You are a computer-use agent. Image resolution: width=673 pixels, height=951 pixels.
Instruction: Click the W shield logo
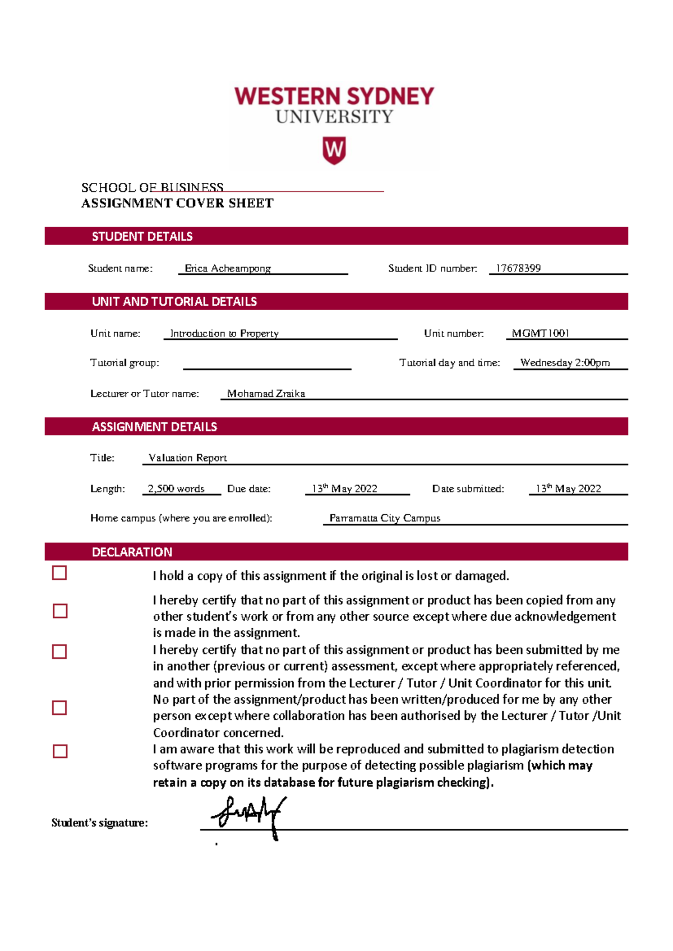click(334, 150)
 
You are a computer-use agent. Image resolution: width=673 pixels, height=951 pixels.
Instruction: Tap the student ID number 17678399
click(518, 268)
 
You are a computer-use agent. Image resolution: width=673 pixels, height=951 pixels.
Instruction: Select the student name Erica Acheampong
click(228, 268)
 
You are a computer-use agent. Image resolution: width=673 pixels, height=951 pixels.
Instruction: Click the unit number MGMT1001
click(540, 333)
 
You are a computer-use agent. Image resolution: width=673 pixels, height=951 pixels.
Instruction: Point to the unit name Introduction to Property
click(224, 333)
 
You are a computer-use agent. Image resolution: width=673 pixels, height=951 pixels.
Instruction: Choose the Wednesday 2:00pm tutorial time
click(565, 362)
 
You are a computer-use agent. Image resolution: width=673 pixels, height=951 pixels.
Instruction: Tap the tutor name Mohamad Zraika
click(266, 394)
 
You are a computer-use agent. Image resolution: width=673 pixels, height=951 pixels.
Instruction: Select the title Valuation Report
click(188, 458)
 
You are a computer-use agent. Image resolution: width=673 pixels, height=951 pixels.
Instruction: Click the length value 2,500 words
click(176, 488)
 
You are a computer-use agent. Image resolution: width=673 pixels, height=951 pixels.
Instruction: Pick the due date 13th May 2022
click(345, 488)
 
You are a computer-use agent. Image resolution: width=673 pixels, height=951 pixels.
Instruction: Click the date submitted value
click(568, 488)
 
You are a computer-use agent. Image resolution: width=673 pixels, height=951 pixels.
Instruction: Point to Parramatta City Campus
click(385, 518)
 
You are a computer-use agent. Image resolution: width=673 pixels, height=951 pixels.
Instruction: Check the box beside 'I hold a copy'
click(59, 573)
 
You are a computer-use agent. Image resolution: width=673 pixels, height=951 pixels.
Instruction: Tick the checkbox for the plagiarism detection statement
click(60, 751)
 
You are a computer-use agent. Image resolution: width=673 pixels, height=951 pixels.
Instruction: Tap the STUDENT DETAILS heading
click(142, 237)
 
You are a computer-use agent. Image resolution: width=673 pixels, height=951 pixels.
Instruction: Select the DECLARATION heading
click(132, 552)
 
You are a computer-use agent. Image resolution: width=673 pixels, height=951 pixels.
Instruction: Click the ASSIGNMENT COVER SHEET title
click(177, 203)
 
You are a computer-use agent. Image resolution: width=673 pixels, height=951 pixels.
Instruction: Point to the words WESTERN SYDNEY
click(334, 96)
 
